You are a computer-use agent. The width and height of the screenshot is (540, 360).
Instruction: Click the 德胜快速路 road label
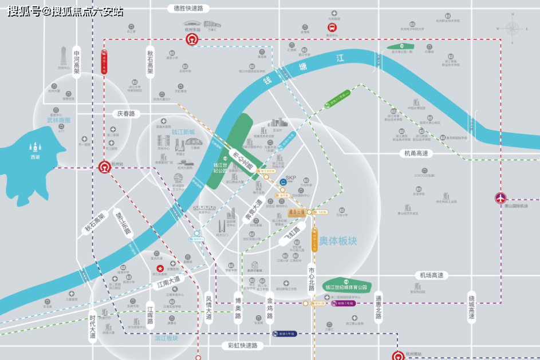pos(188,9)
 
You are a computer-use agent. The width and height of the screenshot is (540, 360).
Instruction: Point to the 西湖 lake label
pos(36,156)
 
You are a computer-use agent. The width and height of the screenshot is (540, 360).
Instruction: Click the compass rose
pos(513,27)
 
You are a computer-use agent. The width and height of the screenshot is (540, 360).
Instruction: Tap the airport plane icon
pos(501,198)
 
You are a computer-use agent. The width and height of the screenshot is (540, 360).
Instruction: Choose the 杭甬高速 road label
pos(416,153)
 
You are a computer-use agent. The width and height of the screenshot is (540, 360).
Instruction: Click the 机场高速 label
pos(431,275)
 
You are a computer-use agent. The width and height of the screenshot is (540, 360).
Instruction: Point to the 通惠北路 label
pos(379,308)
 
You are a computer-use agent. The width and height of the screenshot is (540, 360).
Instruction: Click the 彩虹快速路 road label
pos(242,346)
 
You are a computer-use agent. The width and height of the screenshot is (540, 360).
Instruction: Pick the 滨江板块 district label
pos(166,338)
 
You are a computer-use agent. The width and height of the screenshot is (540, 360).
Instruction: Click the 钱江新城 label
pos(183,132)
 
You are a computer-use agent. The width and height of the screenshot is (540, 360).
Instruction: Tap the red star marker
pos(161,268)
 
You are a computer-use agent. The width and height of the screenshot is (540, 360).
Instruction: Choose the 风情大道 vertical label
pos(209,308)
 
